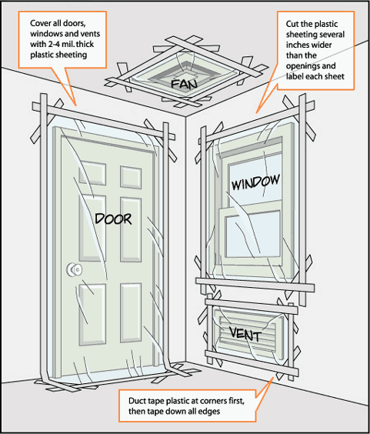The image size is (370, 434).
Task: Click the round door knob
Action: point(75,269)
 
